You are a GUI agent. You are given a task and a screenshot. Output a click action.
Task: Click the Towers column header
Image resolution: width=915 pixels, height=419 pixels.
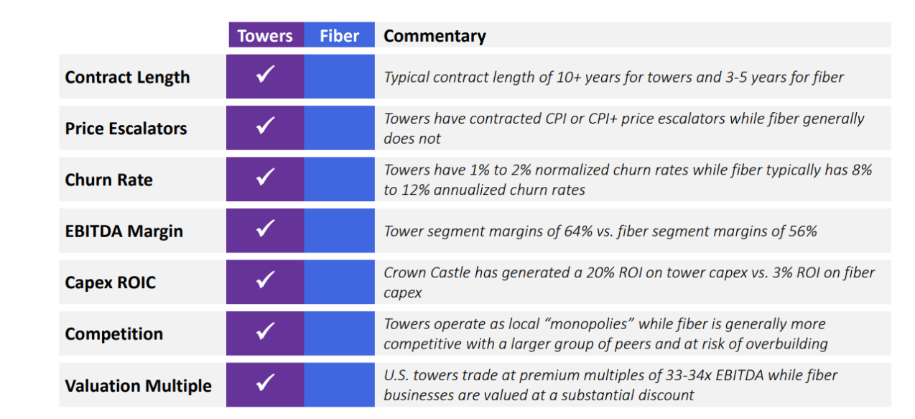pos(265,36)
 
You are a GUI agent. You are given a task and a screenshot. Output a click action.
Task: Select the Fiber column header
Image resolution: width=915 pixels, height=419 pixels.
pos(339,36)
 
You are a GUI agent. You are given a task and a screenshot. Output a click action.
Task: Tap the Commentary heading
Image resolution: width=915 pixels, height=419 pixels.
pos(435,36)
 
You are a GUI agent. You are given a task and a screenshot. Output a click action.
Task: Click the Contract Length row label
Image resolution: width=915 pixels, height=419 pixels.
pos(127,77)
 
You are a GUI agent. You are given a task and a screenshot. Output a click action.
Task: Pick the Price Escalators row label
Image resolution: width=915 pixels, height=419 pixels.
pos(126,129)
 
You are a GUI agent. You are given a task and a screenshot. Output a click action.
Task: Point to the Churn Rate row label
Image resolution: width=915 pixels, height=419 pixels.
pos(108,180)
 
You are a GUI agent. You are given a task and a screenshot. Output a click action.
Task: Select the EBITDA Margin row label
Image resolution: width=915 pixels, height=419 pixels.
pos(124,231)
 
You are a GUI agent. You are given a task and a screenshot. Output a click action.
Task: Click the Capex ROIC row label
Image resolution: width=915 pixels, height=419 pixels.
pos(111,282)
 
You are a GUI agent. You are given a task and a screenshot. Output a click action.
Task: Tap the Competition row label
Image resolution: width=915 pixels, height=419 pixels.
pos(114,334)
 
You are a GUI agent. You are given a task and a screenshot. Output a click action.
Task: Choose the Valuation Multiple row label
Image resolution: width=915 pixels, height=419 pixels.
pos(138,385)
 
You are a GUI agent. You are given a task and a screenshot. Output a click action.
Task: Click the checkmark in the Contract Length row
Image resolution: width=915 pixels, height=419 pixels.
pos(265,74)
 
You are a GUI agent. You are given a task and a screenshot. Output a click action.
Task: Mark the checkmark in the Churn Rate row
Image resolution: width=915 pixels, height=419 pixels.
pos(265,177)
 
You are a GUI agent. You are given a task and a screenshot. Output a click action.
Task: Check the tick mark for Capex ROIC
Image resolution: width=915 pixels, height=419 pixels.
pos(265,279)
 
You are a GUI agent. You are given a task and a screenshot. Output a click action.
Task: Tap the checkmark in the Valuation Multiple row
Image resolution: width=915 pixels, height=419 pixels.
pos(265,382)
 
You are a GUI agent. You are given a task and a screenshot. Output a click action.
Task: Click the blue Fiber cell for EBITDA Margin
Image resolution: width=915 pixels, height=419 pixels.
pos(339,231)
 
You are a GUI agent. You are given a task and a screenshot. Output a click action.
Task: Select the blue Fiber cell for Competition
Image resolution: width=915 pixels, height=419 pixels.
pos(339,333)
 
